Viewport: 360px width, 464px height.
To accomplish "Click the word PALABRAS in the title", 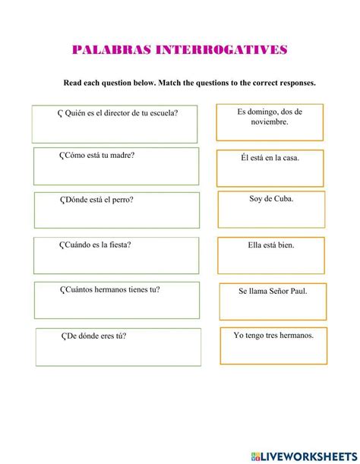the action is (110, 50).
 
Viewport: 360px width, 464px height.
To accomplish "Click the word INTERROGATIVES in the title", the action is (222, 50).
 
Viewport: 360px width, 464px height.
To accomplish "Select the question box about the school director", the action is (115, 124).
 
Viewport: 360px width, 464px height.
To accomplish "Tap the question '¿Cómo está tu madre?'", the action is (116, 166).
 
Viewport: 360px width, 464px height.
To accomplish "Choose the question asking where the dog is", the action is (116, 210).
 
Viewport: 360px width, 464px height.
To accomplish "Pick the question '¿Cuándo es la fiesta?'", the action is (116, 255).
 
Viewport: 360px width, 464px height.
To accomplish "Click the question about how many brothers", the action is (116, 300).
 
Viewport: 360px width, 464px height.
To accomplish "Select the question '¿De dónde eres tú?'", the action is (118, 346).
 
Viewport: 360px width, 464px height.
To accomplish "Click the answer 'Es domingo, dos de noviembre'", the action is (270, 122).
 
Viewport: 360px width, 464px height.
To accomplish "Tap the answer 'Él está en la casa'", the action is (270, 168).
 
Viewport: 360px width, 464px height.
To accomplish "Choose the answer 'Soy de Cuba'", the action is (271, 209).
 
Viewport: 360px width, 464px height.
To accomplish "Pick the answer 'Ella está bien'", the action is (271, 255).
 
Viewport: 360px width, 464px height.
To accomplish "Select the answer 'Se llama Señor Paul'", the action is (272, 301).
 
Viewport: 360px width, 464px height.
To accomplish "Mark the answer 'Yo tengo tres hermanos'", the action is (273, 345).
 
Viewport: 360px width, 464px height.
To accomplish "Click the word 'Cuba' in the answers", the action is (283, 199).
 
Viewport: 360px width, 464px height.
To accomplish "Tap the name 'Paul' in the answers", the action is (298, 291).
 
